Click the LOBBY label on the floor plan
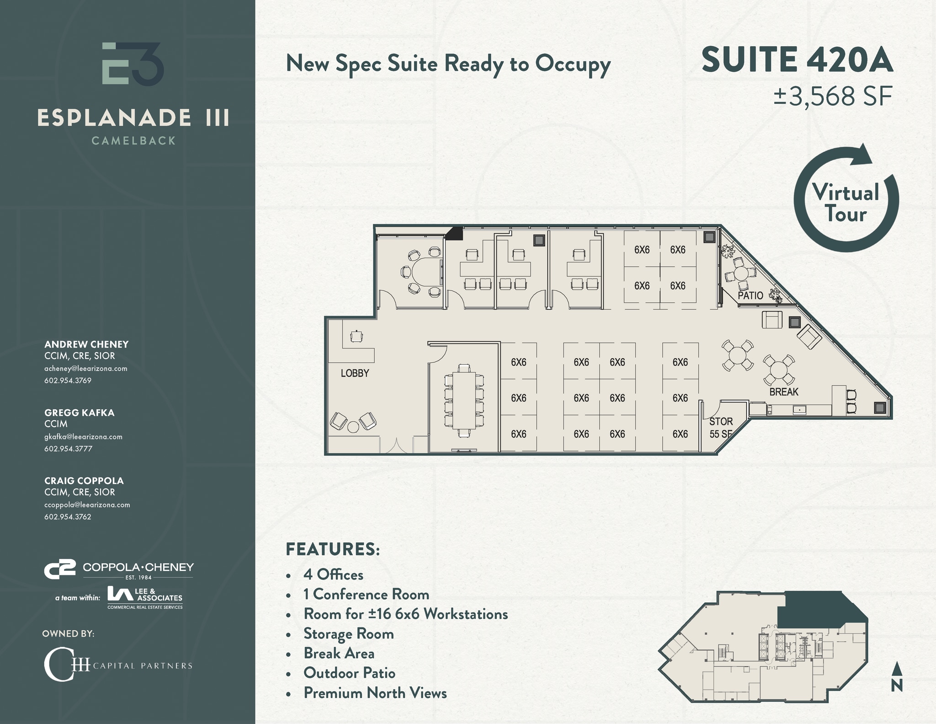[x=355, y=373]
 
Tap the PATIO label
[x=750, y=295]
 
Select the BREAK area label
[x=783, y=392]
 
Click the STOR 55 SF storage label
[x=721, y=427]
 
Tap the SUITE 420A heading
[x=797, y=60]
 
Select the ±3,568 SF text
[x=833, y=97]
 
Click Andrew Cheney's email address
[x=85, y=369]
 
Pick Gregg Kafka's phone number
[x=68, y=449]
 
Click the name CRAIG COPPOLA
[x=84, y=481]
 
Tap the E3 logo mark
[x=133, y=64]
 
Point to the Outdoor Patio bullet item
[x=349, y=673]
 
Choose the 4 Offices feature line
[x=333, y=574]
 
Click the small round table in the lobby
[x=353, y=427]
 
